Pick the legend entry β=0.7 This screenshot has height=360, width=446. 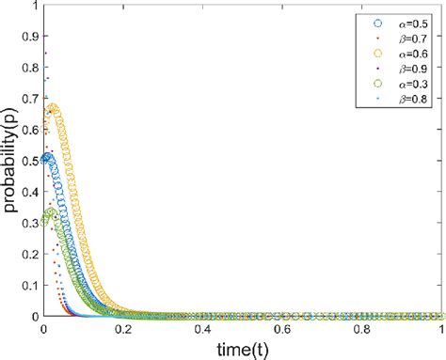pyautogui.click(x=407, y=37)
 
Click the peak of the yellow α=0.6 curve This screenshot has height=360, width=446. pyautogui.click(x=54, y=109)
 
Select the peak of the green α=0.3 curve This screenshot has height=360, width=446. pyautogui.click(x=52, y=212)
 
